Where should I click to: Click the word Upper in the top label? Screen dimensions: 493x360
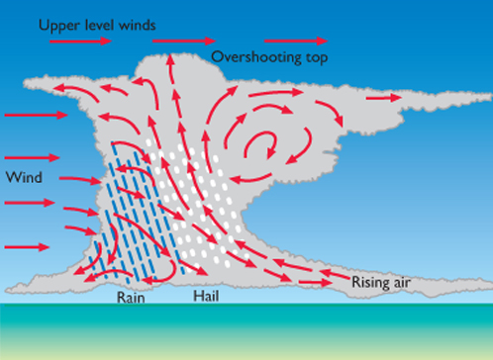pyautogui.click(x=58, y=23)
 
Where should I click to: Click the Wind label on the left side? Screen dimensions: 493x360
pyautogui.click(x=23, y=178)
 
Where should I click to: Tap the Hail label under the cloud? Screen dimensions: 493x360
pyautogui.click(x=206, y=296)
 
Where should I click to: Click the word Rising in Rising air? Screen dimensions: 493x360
pyautogui.click(x=372, y=283)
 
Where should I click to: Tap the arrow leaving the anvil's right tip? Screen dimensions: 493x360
pyautogui.click(x=388, y=98)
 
